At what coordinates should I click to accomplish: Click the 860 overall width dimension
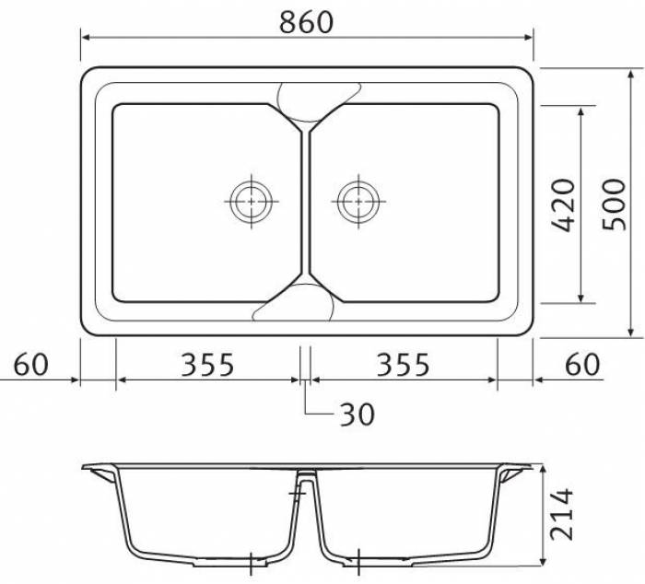(x=306, y=22)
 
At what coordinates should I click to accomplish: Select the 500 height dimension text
(x=614, y=204)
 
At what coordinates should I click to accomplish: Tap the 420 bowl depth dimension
(x=562, y=205)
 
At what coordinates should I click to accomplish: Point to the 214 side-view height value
(x=561, y=514)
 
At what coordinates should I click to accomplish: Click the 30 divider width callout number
(x=358, y=415)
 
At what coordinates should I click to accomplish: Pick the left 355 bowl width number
(x=207, y=365)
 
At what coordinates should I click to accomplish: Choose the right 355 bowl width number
(x=404, y=365)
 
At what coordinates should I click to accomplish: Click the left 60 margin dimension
(x=30, y=365)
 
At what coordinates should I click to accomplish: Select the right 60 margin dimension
(x=582, y=365)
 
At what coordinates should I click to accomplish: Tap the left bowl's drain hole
(x=252, y=202)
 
